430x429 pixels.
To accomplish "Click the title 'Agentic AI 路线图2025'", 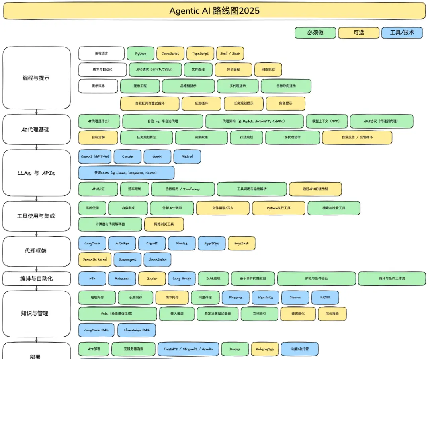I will [214, 11].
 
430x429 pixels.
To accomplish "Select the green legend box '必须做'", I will [315, 33].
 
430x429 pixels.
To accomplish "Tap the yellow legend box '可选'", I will [359, 33].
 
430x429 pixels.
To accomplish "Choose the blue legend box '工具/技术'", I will [402, 33].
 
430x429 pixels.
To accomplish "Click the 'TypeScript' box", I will [200, 53].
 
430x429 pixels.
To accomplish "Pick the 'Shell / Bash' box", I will [231, 53].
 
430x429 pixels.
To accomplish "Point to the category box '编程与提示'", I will [36, 78].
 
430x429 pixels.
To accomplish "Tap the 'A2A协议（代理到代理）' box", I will [381, 121].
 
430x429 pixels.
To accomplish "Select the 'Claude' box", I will [128, 157].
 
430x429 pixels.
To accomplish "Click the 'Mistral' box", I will [187, 157].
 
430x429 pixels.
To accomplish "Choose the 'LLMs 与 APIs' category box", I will [36, 173].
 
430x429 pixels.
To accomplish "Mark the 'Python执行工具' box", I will [279, 208].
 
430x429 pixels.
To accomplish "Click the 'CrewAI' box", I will [152, 244].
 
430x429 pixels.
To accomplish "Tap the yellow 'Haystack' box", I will [241, 244].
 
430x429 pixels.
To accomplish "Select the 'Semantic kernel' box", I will [95, 259].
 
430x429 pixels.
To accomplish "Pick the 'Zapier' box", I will [152, 279].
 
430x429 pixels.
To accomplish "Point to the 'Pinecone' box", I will [236, 298].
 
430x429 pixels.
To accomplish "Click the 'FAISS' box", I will [325, 298].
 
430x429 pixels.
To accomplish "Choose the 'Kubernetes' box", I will [265, 349].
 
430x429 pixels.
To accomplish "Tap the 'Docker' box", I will [235, 349].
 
